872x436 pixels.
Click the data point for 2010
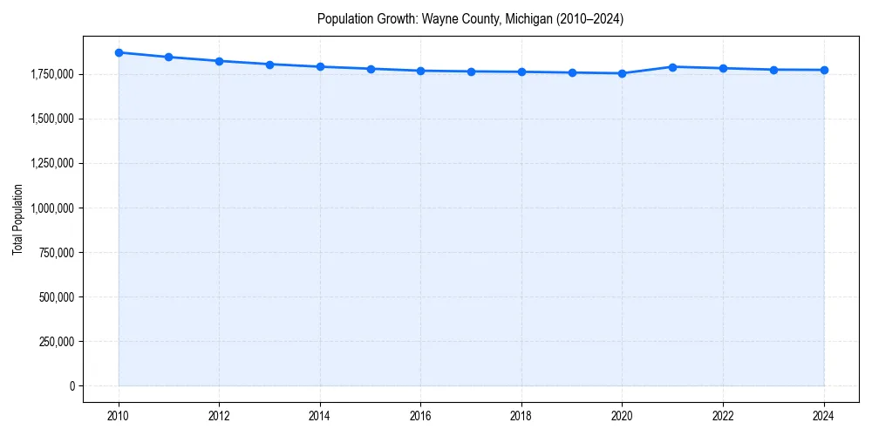[119, 52]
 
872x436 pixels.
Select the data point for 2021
[672, 67]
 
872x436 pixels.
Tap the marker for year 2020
[622, 73]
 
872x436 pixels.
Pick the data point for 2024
[824, 70]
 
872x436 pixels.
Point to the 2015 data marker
[371, 69]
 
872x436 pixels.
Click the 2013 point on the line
[269, 65]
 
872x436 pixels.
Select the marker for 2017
[471, 72]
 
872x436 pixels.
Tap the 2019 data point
[572, 72]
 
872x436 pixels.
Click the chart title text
[470, 18]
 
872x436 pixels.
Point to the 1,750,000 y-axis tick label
[51, 74]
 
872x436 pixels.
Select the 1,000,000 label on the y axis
[51, 208]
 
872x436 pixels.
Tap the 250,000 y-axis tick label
[54, 341]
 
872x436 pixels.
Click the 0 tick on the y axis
[72, 385]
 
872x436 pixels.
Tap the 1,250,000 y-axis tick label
[51, 163]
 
